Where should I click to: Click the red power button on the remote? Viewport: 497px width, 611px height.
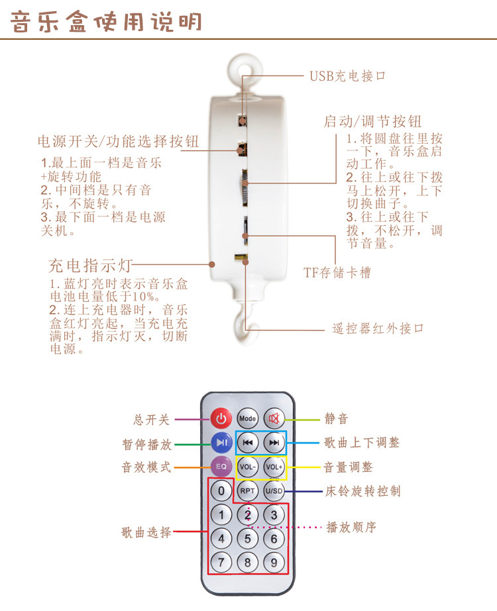pos(221,418)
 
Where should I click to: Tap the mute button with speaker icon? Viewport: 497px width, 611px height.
pos(274,418)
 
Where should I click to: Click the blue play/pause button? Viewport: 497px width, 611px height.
pos(221,442)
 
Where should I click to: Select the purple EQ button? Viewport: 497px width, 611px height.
pos(221,467)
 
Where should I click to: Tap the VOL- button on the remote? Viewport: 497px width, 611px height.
pos(247,467)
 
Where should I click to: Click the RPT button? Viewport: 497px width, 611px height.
pos(247,491)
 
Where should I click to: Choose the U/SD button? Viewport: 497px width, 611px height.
pos(274,491)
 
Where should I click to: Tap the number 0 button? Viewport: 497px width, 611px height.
pos(221,491)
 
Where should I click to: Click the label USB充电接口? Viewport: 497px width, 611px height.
pos(347,76)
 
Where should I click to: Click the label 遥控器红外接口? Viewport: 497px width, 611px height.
pos(377,328)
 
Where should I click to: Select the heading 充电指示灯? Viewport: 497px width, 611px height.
pos(91,266)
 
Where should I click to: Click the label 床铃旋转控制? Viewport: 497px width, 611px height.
pos(362,492)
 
